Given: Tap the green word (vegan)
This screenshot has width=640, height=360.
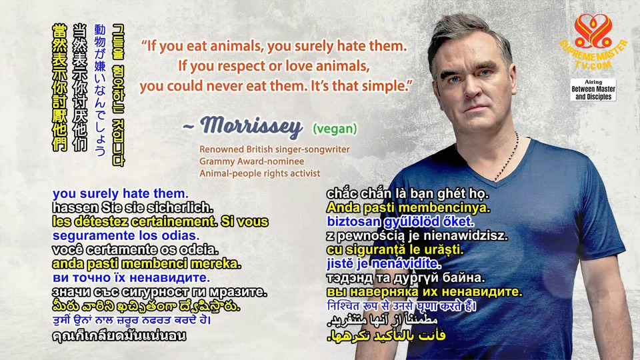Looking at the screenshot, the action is [335, 129].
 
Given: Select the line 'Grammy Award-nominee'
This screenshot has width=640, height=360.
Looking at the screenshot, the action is [251, 161].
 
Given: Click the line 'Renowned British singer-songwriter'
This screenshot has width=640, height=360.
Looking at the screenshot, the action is [274, 149].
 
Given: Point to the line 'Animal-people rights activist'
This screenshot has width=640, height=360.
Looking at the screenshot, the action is [259, 173].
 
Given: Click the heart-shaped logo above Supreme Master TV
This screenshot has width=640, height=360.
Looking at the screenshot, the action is [593, 31].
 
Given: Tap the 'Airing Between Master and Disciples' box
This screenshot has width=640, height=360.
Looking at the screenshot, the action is [593, 90].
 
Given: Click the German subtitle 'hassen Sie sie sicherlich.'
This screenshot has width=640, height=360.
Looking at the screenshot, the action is [133, 207].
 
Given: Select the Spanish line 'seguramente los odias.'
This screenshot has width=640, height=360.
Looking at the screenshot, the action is [126, 235].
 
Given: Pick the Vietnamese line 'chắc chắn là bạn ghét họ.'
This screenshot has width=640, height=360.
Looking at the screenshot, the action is [407, 193].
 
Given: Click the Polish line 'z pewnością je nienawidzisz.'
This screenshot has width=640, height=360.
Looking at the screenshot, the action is [417, 235].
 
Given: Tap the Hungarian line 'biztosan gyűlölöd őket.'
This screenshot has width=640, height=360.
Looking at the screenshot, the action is [401, 221].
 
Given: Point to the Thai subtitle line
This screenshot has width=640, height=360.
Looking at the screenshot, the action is [119, 335].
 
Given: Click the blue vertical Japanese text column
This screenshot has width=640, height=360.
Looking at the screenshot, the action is [100, 90].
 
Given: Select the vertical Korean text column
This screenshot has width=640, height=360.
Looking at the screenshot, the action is [119, 95].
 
